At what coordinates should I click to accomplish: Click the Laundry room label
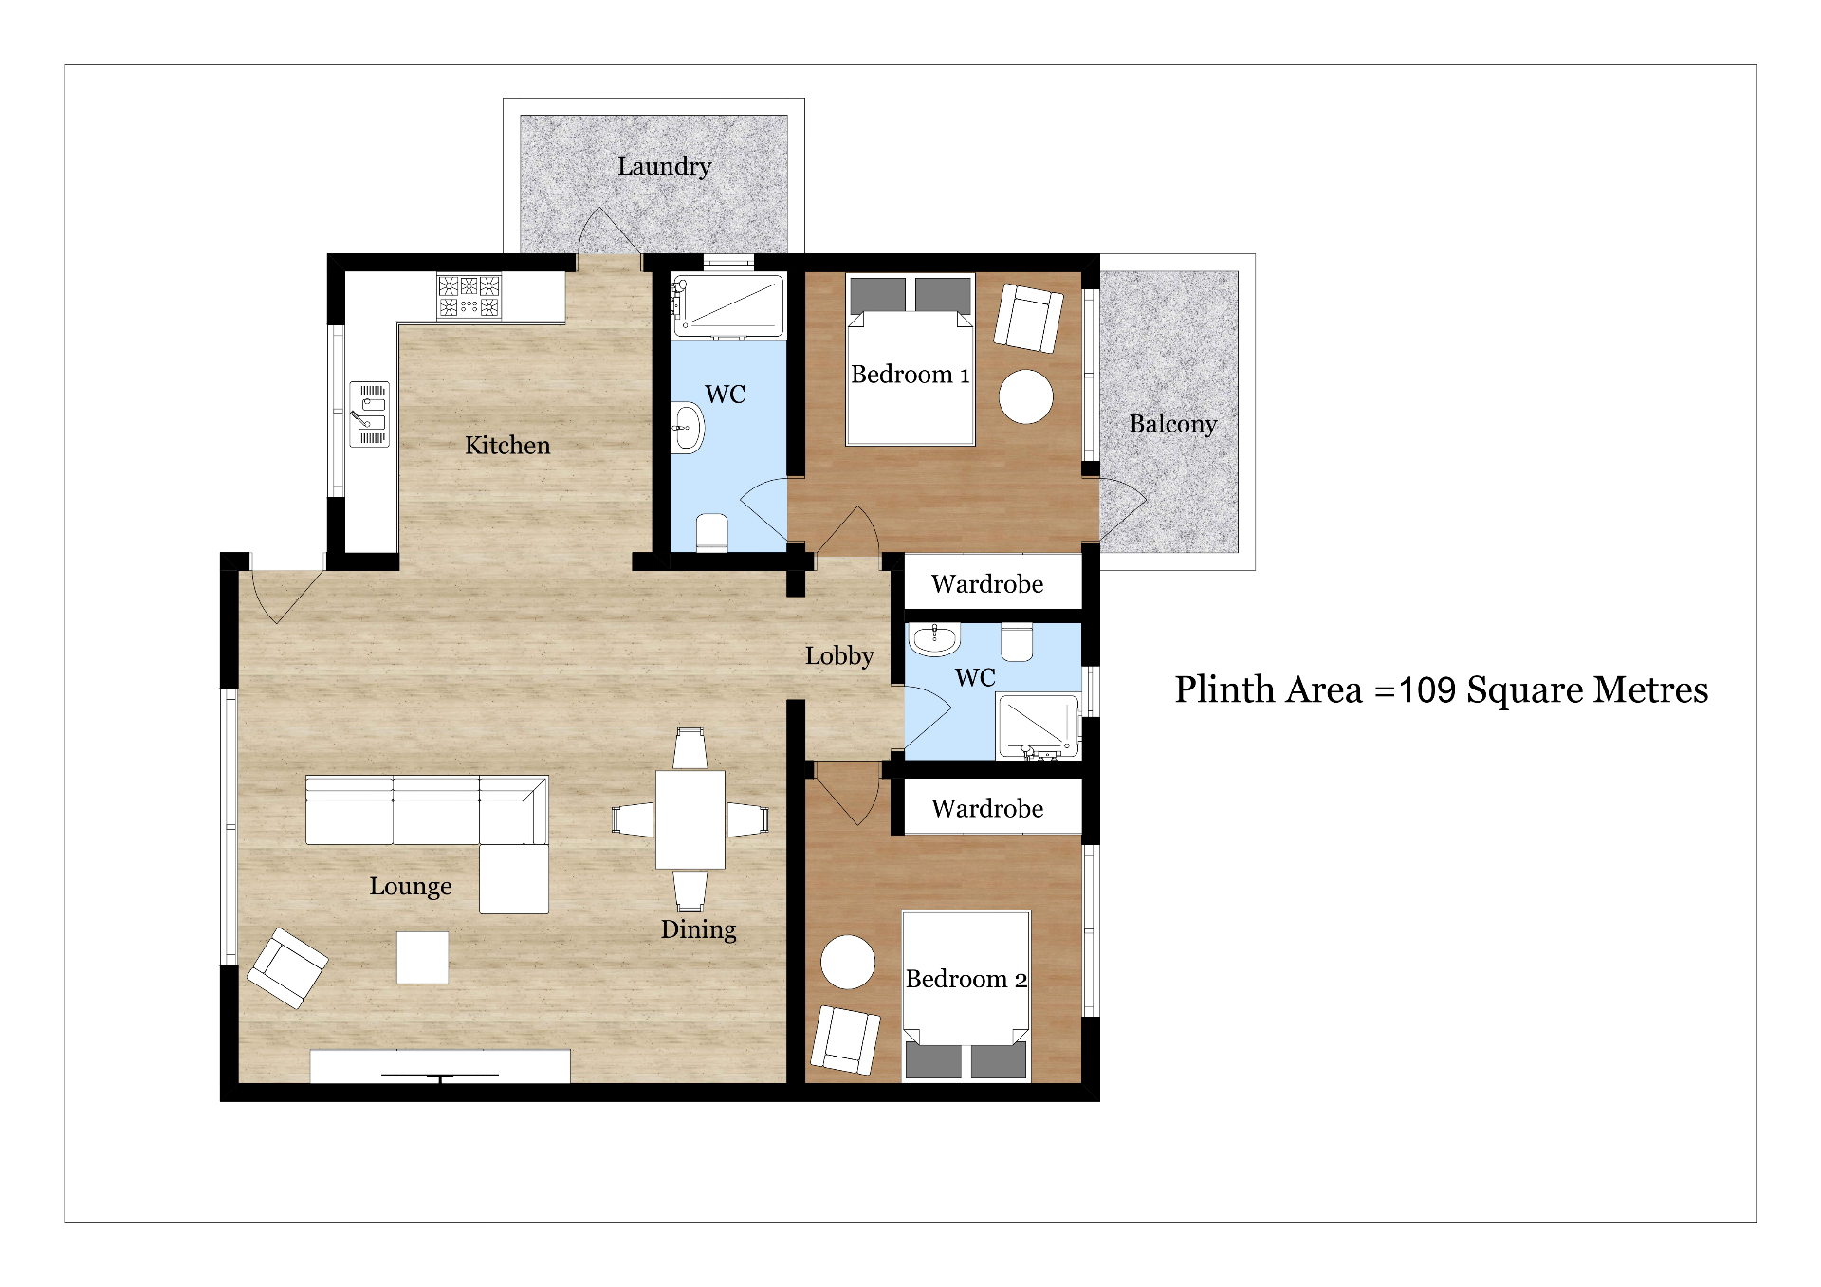coord(664,167)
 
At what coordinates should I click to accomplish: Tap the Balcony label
coord(1172,424)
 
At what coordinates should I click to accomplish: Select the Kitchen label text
coord(507,445)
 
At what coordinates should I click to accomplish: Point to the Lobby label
coord(839,656)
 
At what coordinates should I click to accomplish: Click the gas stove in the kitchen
coord(469,295)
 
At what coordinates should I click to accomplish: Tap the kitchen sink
coord(370,414)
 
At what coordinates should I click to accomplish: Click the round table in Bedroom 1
coord(1026,395)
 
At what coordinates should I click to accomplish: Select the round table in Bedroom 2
coord(848,962)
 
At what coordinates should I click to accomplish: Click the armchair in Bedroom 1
coord(1028,319)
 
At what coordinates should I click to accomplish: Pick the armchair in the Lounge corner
coord(287,967)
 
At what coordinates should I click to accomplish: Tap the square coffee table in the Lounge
coord(422,958)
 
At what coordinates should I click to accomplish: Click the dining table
coord(690,820)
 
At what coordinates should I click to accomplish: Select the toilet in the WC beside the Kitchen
coord(712,532)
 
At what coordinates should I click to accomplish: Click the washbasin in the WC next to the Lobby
coord(934,639)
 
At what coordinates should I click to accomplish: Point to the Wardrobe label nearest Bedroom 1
coord(987,584)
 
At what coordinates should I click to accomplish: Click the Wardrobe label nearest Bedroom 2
coord(987,809)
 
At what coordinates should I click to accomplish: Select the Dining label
coord(699,929)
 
